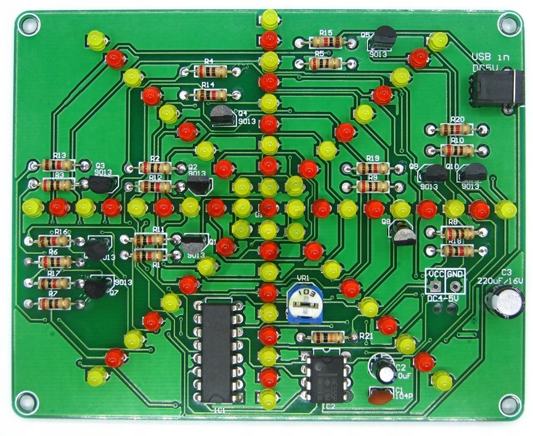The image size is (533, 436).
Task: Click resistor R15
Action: pyautogui.click(x=327, y=42)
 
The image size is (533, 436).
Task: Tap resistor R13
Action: pyautogui.click(x=59, y=165)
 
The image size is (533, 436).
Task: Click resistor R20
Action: pyautogui.click(x=457, y=129)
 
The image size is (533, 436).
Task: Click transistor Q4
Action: pyautogui.click(x=222, y=116)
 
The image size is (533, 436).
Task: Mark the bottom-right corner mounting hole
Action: pyautogui.click(x=509, y=405)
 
